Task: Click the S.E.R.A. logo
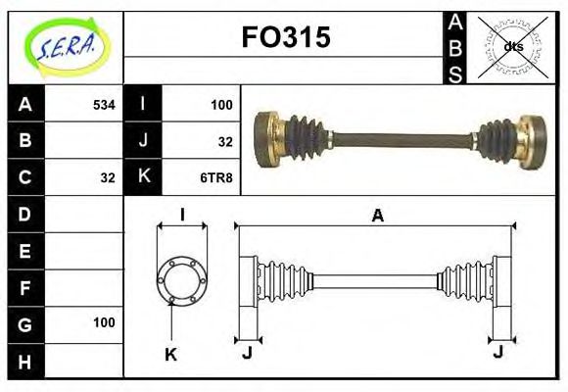point(66,45)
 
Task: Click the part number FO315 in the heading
point(285,38)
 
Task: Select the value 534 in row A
point(104,104)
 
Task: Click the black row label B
point(24,140)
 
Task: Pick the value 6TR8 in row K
point(217,177)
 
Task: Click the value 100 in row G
point(104,322)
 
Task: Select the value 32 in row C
point(108,177)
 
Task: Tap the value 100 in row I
point(221,104)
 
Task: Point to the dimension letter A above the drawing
point(376,216)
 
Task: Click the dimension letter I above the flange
point(182,216)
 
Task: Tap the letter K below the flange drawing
point(170,355)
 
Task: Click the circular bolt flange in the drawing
point(182,279)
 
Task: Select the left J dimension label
point(247,352)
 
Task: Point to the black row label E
point(24,251)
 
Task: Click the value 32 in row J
point(225,141)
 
